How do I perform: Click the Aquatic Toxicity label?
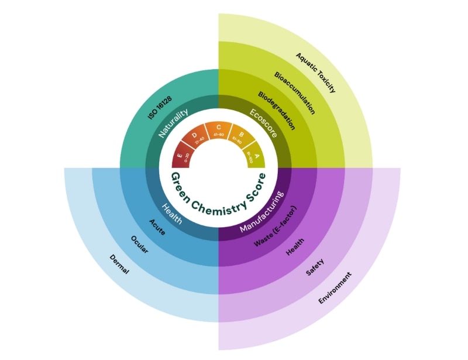click(316, 73)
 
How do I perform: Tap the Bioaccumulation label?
click(295, 92)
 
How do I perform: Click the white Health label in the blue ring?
click(171, 212)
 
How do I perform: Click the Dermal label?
click(118, 265)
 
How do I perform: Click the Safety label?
click(315, 267)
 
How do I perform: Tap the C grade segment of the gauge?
click(218, 129)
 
